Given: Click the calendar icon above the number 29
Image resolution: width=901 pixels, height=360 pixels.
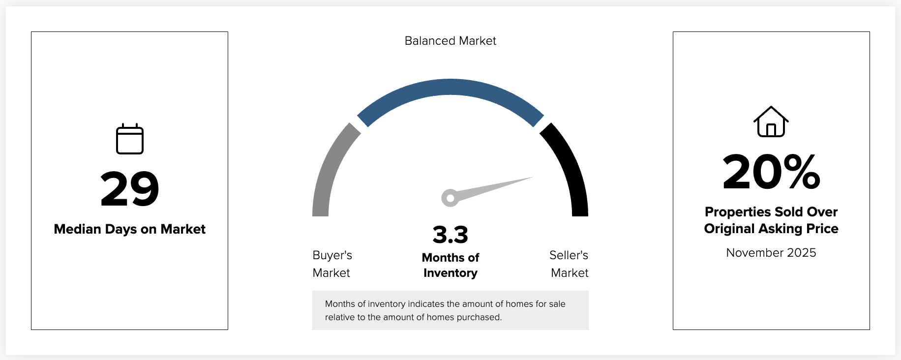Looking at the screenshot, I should coord(130,139).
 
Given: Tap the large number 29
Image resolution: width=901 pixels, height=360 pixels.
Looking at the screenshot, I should coord(130,189).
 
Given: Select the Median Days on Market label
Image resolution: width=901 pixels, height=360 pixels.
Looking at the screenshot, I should coord(130,229).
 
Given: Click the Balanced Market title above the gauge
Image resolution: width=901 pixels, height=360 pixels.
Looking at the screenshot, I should coord(450,41).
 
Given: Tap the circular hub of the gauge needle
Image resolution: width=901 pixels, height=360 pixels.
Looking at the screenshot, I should coord(450,198).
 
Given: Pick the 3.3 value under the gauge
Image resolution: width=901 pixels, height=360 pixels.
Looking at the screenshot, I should coord(450,235).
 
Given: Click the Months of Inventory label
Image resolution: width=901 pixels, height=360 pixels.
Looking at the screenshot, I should coord(450,265).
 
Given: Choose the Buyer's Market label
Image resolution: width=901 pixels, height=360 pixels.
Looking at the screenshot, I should coord(332,264).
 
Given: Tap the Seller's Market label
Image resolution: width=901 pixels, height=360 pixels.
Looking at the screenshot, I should coord(569,264).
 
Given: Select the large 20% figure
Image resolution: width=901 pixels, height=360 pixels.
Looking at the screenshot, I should coord(771,172).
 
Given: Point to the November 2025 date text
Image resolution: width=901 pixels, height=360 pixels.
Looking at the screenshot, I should coord(771,253).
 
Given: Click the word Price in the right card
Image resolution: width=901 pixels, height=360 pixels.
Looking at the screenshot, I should coord(822,229).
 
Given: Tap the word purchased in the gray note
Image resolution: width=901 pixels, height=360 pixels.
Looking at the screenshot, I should coord(479,317).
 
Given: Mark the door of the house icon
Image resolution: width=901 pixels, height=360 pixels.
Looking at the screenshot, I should coord(771,130).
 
